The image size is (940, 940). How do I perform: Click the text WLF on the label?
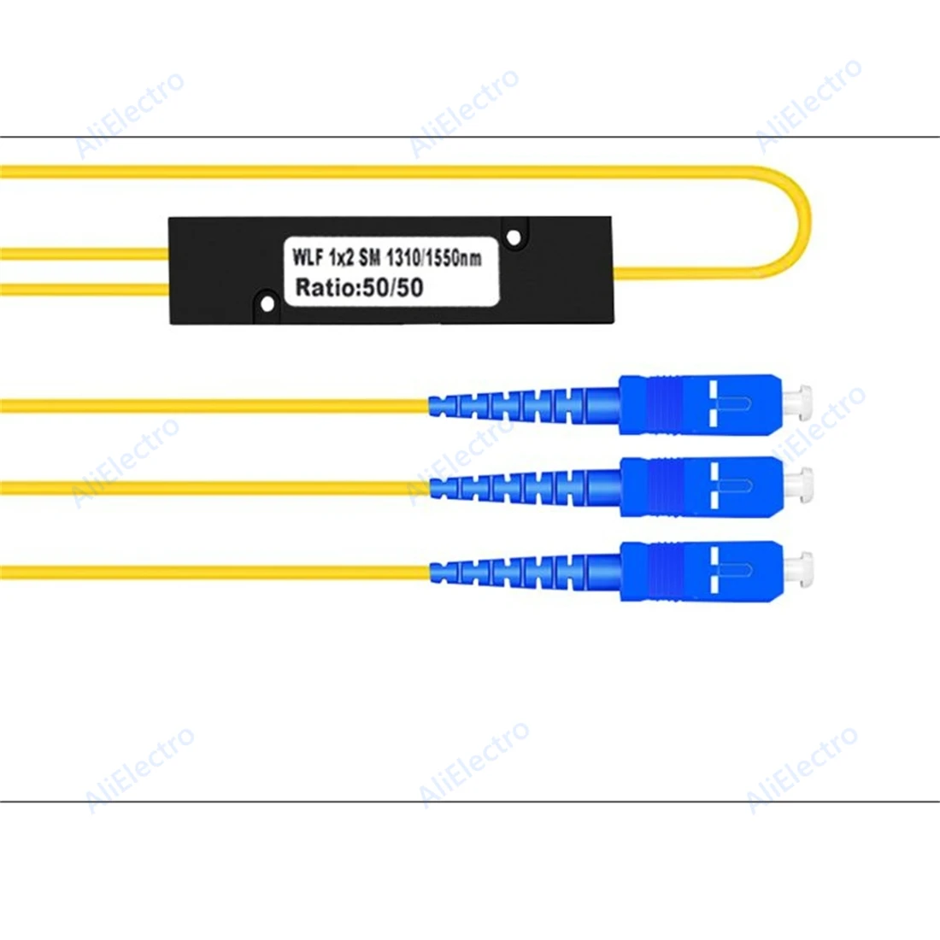point(308,256)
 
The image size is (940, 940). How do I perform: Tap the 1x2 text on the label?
point(343,256)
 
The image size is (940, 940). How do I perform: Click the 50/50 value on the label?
point(393,287)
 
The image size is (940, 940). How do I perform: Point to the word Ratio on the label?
point(326,287)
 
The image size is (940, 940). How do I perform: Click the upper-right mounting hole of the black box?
point(514,237)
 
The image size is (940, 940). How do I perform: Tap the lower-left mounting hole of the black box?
point(267,303)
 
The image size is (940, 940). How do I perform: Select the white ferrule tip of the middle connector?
point(802,486)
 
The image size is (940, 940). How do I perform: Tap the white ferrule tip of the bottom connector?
point(802,571)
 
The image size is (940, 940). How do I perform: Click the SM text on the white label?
point(370,256)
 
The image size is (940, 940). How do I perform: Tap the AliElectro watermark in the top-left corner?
point(130,115)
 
